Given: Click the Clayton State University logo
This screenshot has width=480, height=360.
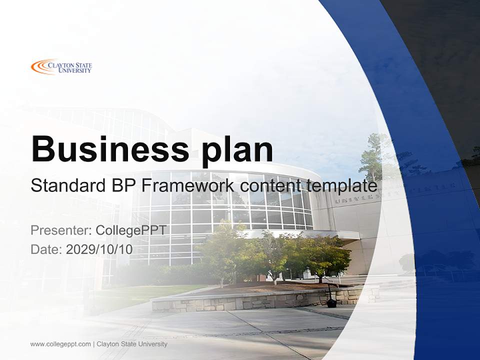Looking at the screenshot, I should click(61, 66).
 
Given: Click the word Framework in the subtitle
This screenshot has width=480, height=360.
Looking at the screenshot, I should click(187, 186).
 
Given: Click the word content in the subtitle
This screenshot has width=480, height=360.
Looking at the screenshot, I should click(270, 186).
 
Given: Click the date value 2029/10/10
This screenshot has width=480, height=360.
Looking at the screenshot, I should click(99, 249).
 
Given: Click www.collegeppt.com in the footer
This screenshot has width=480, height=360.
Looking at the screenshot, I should click(60, 344).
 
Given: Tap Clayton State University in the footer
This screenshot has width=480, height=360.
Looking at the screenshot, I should click(132, 344).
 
